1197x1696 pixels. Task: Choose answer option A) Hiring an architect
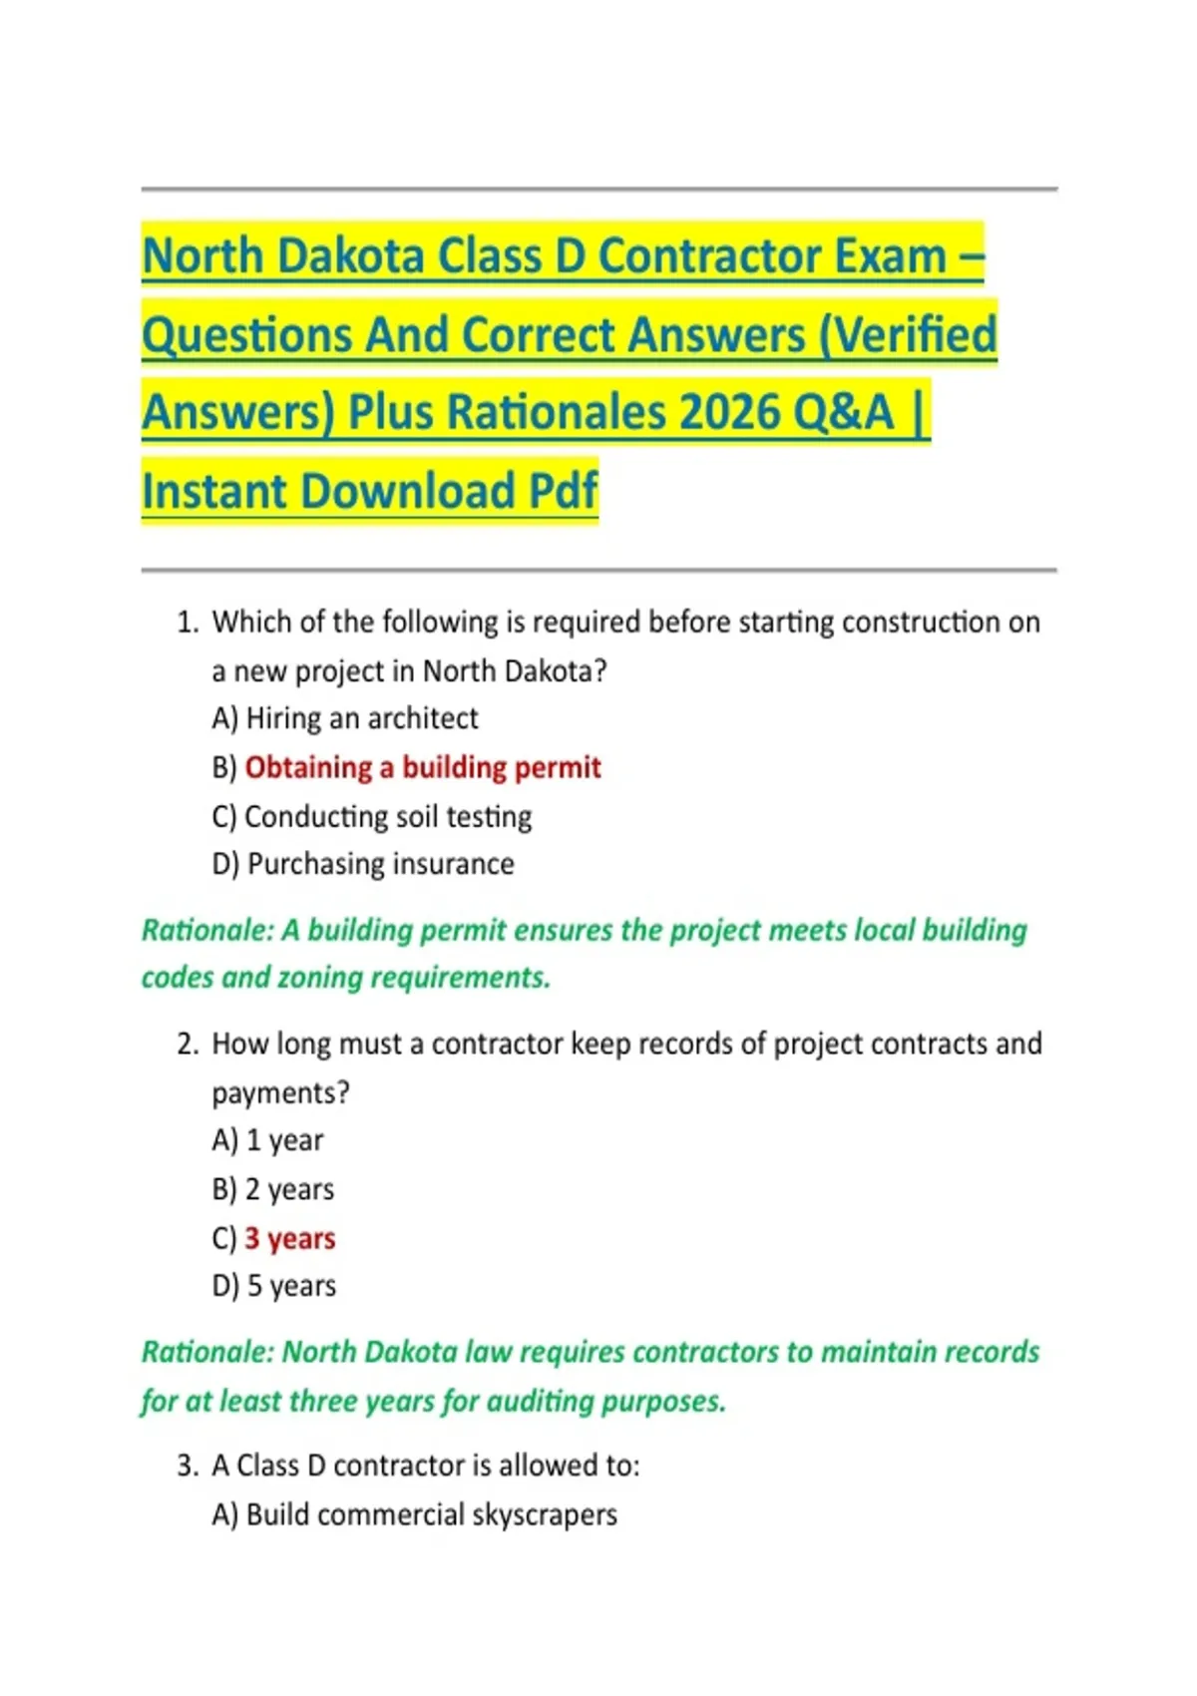click(345, 718)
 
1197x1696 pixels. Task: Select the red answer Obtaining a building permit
click(423, 767)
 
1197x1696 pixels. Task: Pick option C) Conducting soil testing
click(372, 816)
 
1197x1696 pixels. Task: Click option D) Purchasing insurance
click(363, 864)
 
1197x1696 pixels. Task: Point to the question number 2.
click(187, 1045)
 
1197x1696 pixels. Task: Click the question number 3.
click(187, 1466)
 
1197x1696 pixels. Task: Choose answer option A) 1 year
click(267, 1140)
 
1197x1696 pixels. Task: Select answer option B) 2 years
click(273, 1189)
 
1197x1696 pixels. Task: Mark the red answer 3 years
click(290, 1238)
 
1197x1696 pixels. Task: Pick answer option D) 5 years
click(274, 1286)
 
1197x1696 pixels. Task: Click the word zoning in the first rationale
click(319, 978)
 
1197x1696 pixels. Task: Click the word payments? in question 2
click(280, 1093)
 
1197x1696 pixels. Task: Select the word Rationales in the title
click(559, 412)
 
